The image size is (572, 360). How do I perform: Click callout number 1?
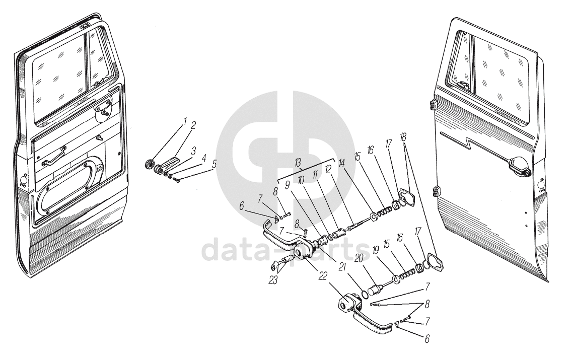pyautogui.click(x=185, y=121)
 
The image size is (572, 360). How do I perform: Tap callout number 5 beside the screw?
pyautogui.click(x=214, y=164)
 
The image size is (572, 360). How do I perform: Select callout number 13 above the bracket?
pyautogui.click(x=298, y=162)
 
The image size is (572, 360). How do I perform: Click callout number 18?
pyautogui.click(x=403, y=137)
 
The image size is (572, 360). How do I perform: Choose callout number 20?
pyautogui.click(x=359, y=258)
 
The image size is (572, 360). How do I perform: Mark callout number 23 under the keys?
pyautogui.click(x=273, y=280)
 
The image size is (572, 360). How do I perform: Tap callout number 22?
pyautogui.click(x=322, y=276)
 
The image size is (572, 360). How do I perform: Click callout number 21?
pyautogui.click(x=342, y=267)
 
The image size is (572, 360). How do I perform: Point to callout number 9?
pyautogui.click(x=288, y=185)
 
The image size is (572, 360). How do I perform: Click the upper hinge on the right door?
pyautogui.click(x=433, y=104)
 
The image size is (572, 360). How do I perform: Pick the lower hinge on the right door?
pyautogui.click(x=436, y=191)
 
